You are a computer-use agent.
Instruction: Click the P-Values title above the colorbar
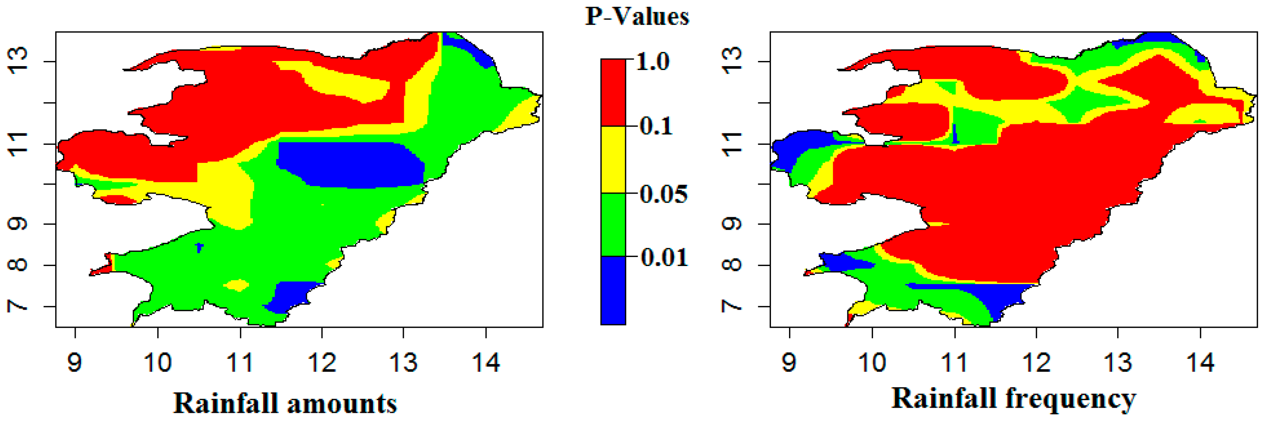click(637, 17)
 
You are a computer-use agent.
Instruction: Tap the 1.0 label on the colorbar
click(653, 62)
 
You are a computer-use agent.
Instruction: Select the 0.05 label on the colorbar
click(663, 194)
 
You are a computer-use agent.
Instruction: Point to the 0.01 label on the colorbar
click(663, 257)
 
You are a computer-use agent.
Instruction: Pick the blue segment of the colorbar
click(613, 290)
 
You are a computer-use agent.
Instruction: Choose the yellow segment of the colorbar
click(613, 159)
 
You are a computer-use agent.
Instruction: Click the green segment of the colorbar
click(613, 224)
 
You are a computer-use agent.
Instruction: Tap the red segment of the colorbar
click(613, 92)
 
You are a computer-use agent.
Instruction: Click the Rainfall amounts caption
click(285, 403)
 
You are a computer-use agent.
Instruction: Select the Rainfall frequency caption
click(1014, 398)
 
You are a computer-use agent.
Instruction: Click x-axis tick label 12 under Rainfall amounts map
click(322, 362)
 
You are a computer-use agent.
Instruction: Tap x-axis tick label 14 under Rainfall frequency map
click(1200, 362)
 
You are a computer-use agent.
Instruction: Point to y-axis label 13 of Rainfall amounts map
click(19, 61)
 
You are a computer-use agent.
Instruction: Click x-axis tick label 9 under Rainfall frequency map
click(789, 362)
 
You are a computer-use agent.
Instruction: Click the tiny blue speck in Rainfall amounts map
click(199, 247)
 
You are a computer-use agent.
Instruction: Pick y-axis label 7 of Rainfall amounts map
click(19, 306)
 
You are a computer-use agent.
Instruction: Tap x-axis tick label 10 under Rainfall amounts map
click(158, 362)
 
